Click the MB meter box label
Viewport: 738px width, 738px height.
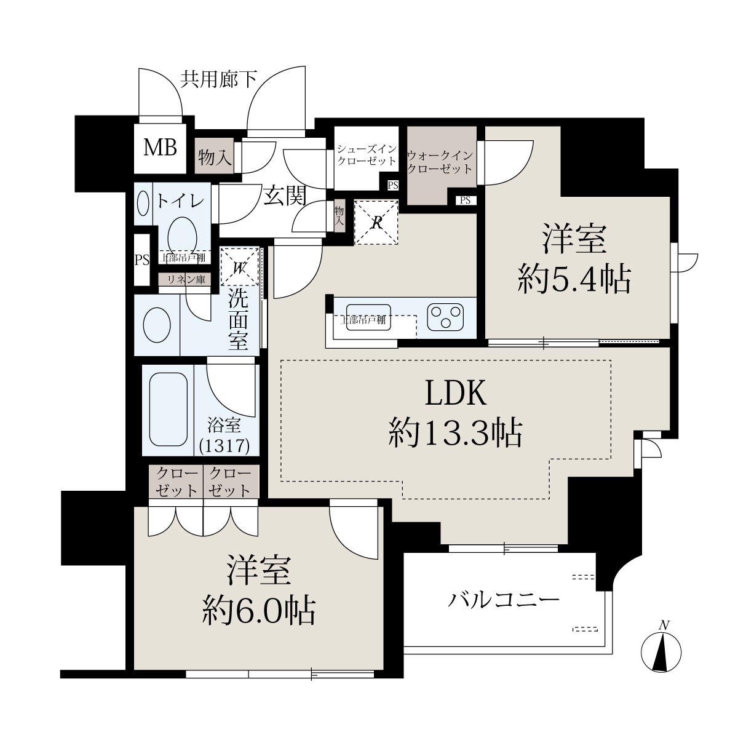pos(160,148)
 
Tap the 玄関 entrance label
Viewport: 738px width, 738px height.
pos(285,196)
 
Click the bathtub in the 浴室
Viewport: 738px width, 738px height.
pos(169,410)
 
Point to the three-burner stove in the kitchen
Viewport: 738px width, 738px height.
pos(446,316)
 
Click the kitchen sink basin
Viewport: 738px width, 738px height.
pos(368,317)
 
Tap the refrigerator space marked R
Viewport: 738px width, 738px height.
pos(376,223)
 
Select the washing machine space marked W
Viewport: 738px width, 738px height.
pos(240,266)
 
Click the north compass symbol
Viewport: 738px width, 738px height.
pos(661,652)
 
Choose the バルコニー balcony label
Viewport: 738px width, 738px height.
pos(504,600)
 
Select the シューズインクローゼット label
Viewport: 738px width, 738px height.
pos(367,154)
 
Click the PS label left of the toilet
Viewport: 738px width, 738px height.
pos(141,260)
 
